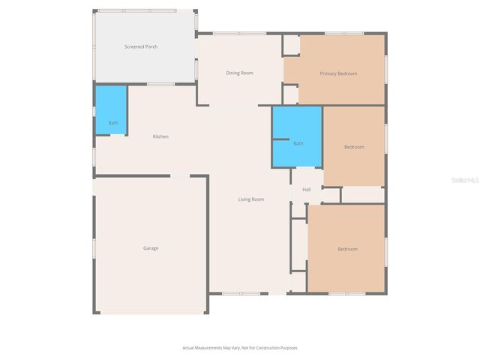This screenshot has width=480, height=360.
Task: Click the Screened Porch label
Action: (140, 47)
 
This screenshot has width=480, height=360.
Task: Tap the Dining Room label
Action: (240, 73)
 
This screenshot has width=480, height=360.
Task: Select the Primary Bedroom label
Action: (338, 73)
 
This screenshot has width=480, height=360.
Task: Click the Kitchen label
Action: (160, 136)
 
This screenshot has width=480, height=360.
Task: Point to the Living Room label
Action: (251, 199)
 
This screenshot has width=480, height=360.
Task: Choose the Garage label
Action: (151, 247)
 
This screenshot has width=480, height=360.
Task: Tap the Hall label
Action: (307, 190)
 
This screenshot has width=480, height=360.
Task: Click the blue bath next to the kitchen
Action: (111, 111)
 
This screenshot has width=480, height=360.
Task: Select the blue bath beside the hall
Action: (297, 137)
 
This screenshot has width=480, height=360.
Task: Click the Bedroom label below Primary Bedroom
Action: (354, 147)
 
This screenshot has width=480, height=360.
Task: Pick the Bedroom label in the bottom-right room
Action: (347, 249)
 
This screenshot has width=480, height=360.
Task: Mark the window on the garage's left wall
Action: (93, 247)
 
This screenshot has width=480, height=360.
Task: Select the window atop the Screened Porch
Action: (139, 10)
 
